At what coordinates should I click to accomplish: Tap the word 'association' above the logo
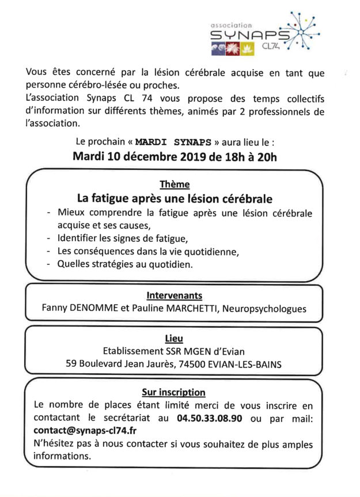tap(232, 25)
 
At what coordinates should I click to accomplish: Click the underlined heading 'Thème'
tap(175, 184)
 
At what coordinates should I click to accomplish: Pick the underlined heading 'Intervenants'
tap(174, 295)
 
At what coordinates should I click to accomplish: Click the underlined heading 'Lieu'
tap(174, 339)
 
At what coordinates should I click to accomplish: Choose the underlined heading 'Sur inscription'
tap(173, 392)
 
